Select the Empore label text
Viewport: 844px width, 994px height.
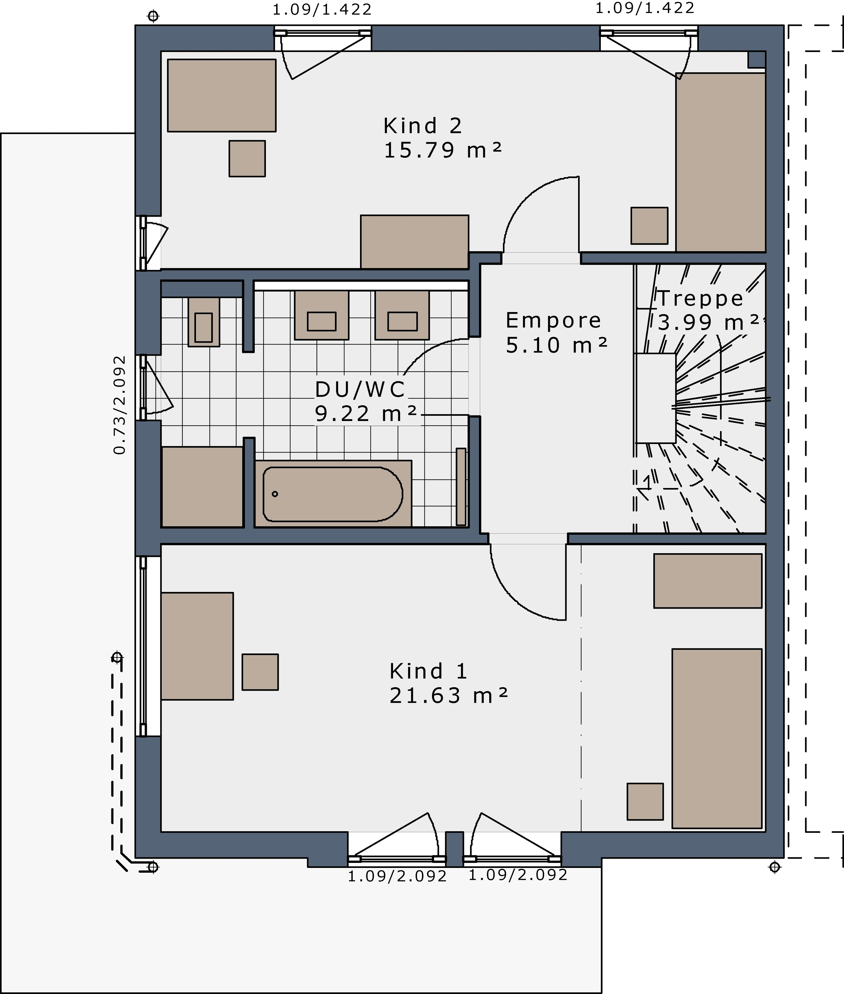[x=553, y=321]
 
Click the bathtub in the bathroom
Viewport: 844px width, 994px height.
[x=333, y=494]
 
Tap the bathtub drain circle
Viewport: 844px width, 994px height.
[x=275, y=494]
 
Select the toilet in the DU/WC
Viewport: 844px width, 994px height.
[x=204, y=322]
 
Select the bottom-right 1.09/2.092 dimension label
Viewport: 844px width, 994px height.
[x=518, y=875]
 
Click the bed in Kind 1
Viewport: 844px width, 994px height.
[x=717, y=738]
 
